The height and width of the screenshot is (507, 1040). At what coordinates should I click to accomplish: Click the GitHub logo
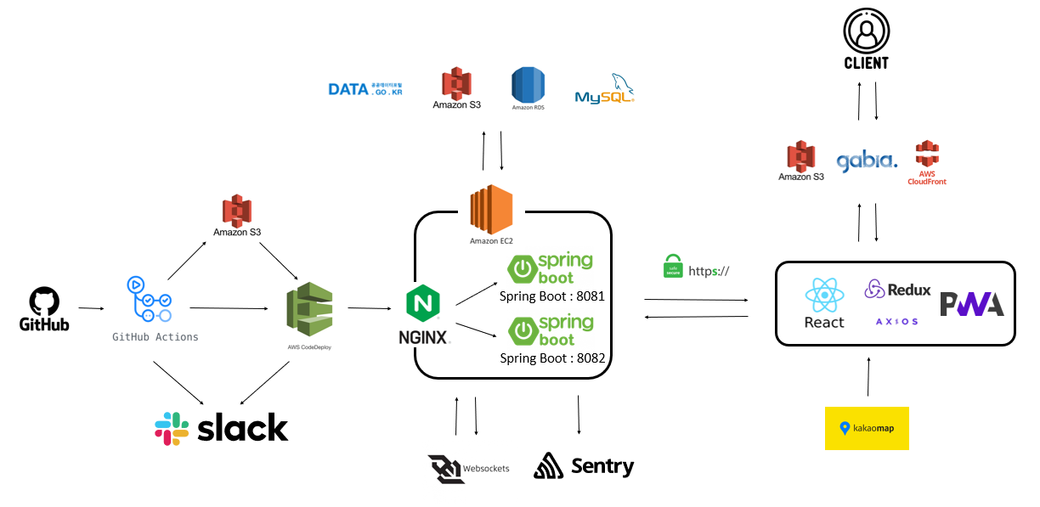point(44,303)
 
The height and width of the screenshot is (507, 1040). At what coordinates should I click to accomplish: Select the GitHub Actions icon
point(149,299)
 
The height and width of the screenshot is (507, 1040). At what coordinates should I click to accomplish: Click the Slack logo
point(222,428)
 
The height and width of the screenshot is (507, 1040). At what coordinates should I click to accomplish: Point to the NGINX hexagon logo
point(422,304)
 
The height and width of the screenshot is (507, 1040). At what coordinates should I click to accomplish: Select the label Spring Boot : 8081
point(552,296)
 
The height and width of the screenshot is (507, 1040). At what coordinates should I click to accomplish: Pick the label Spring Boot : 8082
point(552,358)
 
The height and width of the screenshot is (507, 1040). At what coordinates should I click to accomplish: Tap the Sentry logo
point(584,465)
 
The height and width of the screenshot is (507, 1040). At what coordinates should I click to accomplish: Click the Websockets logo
point(447,468)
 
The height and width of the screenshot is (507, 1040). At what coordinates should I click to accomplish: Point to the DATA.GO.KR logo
point(365,89)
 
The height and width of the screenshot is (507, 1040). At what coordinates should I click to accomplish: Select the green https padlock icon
point(672,266)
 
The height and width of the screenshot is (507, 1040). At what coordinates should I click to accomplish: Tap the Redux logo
point(897,290)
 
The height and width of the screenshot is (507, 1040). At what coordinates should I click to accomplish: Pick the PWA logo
point(971,303)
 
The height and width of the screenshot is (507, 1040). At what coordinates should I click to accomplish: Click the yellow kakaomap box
point(867,428)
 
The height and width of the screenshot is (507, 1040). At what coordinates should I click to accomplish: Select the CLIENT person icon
point(866,32)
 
